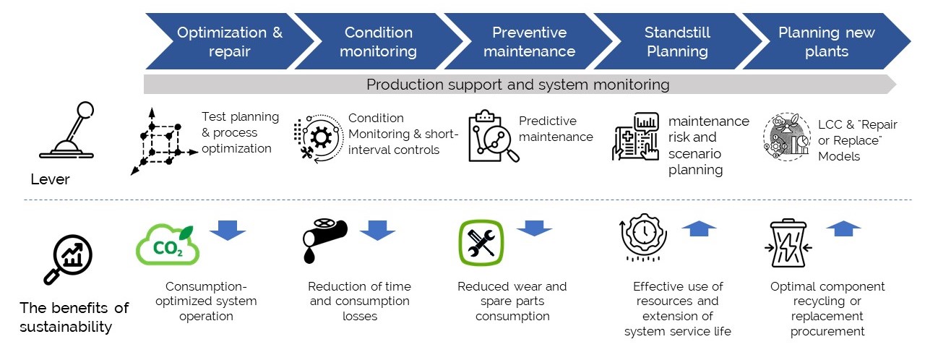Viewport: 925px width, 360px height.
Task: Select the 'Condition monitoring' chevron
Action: coord(378,41)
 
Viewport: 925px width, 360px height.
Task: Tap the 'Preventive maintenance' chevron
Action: coord(529,41)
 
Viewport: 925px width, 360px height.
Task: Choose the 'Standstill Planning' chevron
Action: coord(678,41)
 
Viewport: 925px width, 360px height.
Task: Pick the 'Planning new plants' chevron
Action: coord(827,41)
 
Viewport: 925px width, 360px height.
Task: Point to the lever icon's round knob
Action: coord(85,109)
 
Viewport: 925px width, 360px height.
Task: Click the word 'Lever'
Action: coord(50,179)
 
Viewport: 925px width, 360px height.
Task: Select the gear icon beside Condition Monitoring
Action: coord(319,138)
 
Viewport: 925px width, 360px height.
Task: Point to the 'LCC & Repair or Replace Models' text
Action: coord(857,140)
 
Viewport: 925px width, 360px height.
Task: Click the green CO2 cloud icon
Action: coord(168,245)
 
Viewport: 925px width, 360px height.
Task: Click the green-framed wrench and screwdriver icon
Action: coord(481,242)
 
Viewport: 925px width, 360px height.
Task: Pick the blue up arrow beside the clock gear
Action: coord(699,228)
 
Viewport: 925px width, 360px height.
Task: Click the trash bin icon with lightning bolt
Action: coord(788,243)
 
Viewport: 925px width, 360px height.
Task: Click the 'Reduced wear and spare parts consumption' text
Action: coord(512,301)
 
